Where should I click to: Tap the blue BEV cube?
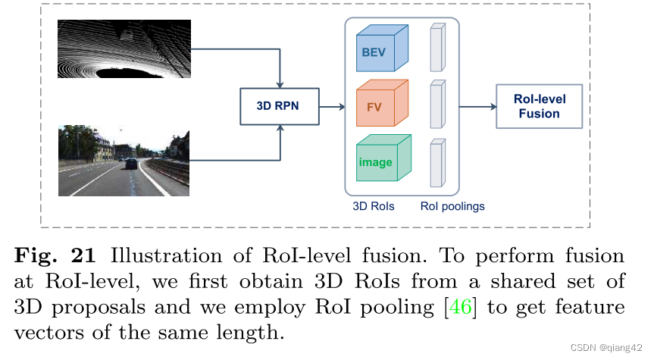pos(381,52)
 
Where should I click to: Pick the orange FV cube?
pos(381,107)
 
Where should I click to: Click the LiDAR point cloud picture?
pos(124,48)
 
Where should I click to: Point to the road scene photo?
pos(124,161)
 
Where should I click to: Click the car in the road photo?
pos(130,163)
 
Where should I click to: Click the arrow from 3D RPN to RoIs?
pos(332,106)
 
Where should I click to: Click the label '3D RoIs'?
pos(374,206)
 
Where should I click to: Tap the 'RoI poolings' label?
pos(452,206)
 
